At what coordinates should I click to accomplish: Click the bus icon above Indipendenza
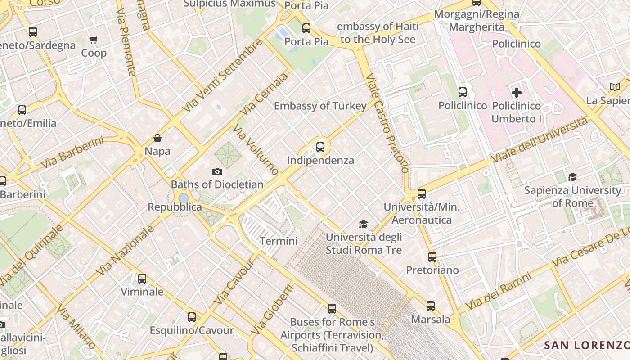pos(320,147)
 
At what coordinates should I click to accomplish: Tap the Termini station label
pos(279,241)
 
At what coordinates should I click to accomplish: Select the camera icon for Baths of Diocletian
pos(217,171)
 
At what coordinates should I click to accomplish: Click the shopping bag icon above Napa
pos(157,138)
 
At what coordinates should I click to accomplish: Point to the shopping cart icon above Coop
pos(94,40)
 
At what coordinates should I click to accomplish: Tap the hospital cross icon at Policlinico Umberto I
pos(517,93)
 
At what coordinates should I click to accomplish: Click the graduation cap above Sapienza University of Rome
pos(572,177)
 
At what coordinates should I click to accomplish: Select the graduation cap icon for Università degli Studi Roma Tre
pos(363,224)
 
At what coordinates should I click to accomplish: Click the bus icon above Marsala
pos(431,306)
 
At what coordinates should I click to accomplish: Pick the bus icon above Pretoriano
pos(432,257)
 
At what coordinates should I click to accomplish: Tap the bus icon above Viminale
pos(142,279)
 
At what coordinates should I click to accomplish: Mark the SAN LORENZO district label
pos(586,345)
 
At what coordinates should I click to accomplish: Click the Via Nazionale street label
pos(126,250)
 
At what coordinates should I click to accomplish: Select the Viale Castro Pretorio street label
pos(388,123)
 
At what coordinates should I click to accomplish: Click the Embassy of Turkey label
pos(320,106)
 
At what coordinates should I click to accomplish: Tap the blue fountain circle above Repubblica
pos(183,198)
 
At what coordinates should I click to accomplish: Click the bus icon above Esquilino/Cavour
pos(192,317)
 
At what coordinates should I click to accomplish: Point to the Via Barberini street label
pos(72,153)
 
